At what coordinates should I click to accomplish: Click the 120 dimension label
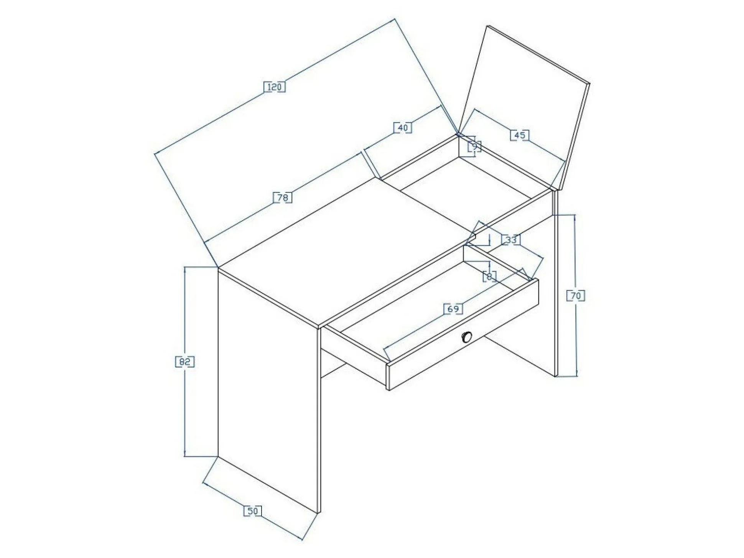coord(275,87)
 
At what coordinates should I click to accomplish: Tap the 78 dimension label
coord(282,198)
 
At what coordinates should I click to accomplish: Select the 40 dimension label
coord(403,127)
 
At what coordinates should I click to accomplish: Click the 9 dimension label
coord(474,146)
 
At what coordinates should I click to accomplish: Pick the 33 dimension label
coord(511,240)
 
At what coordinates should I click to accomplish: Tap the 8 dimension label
coord(489,276)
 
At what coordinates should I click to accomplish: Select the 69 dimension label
coord(453,309)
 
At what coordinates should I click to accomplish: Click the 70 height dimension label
coord(576,295)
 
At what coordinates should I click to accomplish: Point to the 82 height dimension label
coord(185,361)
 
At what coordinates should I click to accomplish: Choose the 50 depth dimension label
coord(253,511)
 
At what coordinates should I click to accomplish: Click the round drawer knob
coord(466,337)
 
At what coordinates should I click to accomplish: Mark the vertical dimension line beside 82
coord(185,361)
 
